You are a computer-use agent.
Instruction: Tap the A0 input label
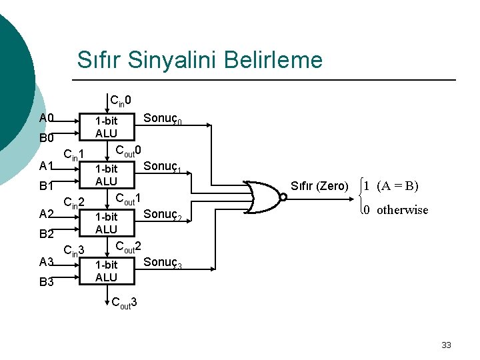click(46, 119)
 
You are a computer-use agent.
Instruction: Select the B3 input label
click(46, 282)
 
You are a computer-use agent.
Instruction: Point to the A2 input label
click(46, 214)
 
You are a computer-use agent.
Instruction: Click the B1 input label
click(46, 186)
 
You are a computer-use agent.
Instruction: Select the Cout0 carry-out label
click(129, 150)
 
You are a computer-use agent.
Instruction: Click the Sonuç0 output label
click(163, 119)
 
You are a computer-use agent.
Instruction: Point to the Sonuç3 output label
click(163, 263)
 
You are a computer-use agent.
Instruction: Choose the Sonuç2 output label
click(163, 215)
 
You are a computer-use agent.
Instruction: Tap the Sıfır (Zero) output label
click(319, 186)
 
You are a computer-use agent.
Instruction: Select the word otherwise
click(402, 210)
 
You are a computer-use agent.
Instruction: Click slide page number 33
click(446, 345)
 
